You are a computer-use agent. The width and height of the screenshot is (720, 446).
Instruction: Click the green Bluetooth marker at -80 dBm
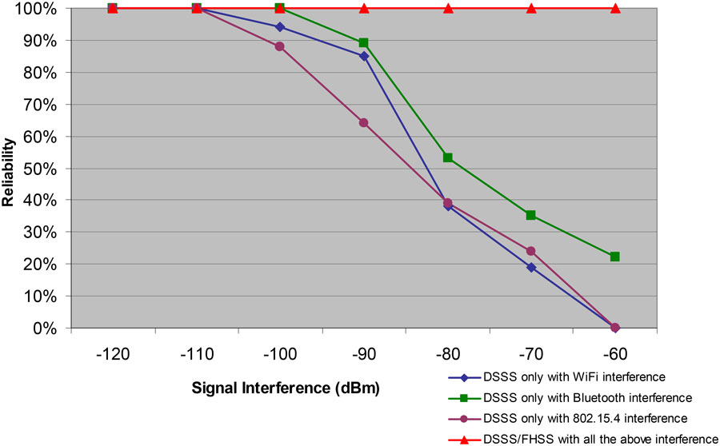pyautogui.click(x=448, y=157)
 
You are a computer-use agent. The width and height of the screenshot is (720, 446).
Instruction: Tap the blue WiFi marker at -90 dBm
pyautogui.click(x=364, y=56)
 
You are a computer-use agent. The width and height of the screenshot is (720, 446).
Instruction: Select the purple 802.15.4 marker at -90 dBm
pyautogui.click(x=364, y=122)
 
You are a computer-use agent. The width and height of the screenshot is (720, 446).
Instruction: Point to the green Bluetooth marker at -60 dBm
pyautogui.click(x=615, y=257)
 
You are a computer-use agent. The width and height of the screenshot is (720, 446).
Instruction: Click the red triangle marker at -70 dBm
pyautogui.click(x=531, y=8)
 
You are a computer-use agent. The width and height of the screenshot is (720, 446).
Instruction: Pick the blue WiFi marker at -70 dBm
pyautogui.click(x=531, y=267)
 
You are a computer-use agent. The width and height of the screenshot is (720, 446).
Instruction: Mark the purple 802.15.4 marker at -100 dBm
pyautogui.click(x=280, y=46)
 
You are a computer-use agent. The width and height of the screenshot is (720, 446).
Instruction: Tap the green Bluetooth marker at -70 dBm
pyautogui.click(x=531, y=215)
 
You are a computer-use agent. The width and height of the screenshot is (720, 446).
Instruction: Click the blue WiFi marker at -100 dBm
pyautogui.click(x=280, y=27)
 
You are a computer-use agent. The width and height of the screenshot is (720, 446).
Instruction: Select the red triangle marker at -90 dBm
pyautogui.click(x=364, y=8)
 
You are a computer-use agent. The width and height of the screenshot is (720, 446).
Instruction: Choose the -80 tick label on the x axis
pyautogui.click(x=448, y=352)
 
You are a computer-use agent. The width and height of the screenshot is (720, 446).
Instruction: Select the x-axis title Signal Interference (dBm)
pyautogui.click(x=285, y=388)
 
